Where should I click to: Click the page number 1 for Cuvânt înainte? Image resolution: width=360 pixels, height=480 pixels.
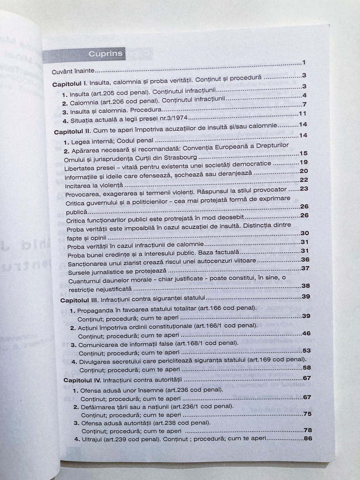[303, 63]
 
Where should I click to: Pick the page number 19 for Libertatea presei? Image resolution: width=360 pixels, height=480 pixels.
[304, 162]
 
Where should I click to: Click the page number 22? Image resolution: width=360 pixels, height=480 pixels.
[304, 180]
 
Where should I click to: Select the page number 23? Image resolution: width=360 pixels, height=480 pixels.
[304, 189]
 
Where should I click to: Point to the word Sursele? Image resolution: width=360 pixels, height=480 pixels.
[80, 271]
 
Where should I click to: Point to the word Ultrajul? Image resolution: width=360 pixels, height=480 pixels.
[92, 440]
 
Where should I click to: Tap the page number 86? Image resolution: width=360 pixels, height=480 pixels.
[307, 438]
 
